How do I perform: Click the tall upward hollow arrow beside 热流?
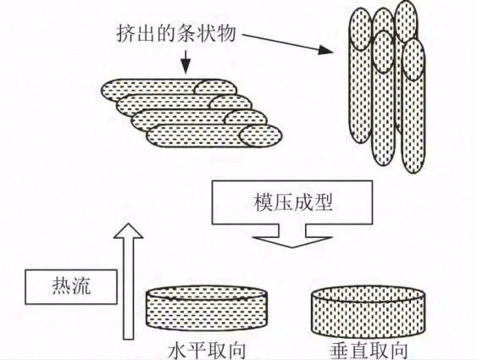pyautogui.click(x=125, y=280)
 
